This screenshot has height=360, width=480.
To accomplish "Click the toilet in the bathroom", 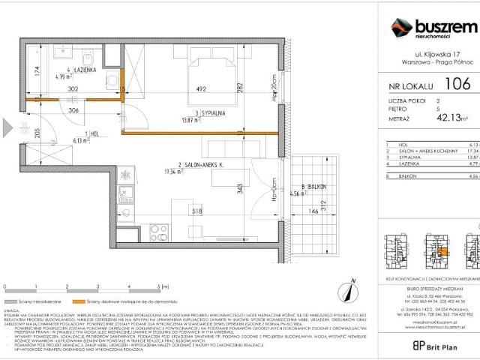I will (x=112, y=79).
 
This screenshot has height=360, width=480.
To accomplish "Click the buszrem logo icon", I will (x=401, y=28).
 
